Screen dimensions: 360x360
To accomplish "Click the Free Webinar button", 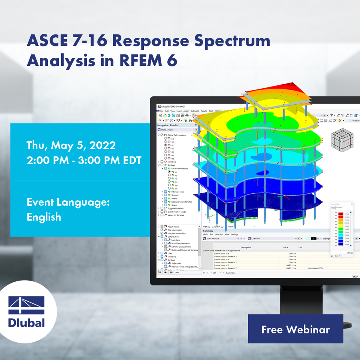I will (x=295, y=329).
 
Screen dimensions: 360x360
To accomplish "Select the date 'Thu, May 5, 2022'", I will (x=71, y=145).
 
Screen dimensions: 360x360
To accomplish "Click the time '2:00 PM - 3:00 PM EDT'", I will (x=84, y=160).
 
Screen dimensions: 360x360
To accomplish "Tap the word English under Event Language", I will (x=44, y=217).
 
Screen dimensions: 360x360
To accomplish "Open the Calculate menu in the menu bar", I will (x=195, y=111).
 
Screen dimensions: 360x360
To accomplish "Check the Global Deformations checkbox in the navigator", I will (x=162, y=135).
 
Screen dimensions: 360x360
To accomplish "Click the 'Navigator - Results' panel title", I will (x=167, y=125).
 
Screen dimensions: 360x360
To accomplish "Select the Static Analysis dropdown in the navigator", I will (x=176, y=130).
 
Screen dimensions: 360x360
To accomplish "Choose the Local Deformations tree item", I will (x=179, y=168).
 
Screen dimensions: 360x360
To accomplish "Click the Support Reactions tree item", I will (x=176, y=208).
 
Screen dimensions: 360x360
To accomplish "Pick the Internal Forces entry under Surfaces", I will (x=178, y=192).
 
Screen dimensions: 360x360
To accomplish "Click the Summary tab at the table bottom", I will (x=230, y=273).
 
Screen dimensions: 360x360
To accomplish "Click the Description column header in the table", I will (x=246, y=247).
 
